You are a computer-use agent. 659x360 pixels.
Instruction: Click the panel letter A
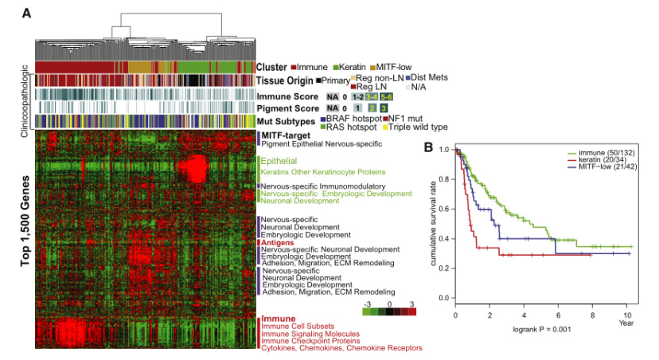click(x=27, y=14)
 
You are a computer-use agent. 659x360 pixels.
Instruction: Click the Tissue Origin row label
click(x=284, y=80)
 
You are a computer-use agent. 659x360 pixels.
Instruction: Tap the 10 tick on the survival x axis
click(x=628, y=315)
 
